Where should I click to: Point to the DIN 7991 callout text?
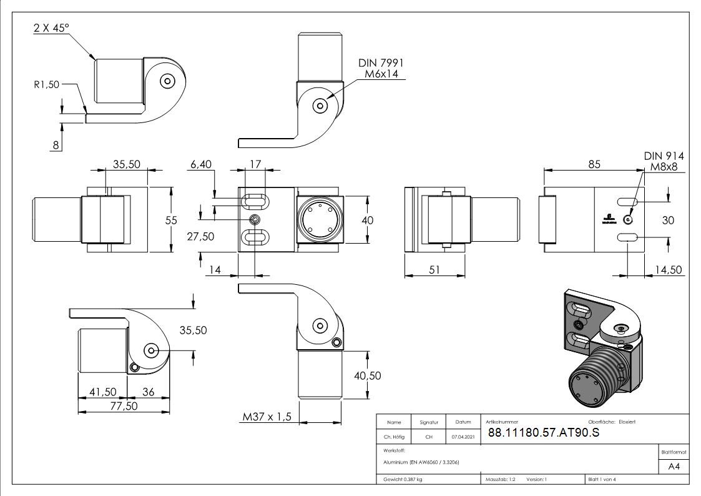tap(381, 63)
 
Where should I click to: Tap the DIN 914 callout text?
tap(664, 156)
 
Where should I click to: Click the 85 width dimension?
tap(594, 164)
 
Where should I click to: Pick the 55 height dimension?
tap(172, 220)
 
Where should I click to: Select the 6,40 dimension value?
tap(200, 164)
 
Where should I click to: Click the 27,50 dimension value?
tap(200, 236)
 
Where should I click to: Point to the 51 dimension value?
tap(434, 270)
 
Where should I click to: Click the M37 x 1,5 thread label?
tap(267, 417)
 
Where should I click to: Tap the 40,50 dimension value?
tap(367, 375)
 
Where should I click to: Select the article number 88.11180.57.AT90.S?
tap(543, 433)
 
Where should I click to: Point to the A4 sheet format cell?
tap(674, 467)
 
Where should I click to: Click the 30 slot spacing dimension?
tap(668, 220)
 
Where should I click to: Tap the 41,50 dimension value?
tap(103, 392)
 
